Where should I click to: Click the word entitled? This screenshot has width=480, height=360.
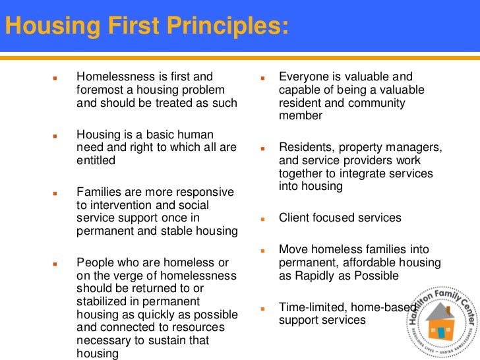point(96,160)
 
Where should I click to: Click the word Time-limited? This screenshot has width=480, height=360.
point(311,308)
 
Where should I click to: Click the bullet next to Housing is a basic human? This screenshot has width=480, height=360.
point(56,135)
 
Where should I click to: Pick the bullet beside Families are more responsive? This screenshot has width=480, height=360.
point(56,193)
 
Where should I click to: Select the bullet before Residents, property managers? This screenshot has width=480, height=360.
point(262,148)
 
